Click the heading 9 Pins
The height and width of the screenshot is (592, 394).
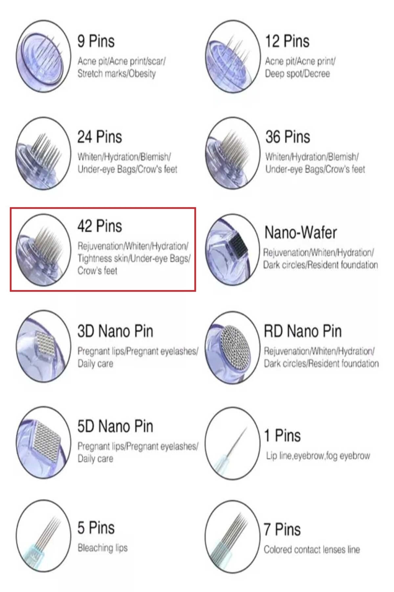coord(96,41)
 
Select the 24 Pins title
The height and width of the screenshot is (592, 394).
coord(99,137)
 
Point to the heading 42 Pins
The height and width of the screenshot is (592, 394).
coord(99,226)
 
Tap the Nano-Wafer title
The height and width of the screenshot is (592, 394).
coord(301,233)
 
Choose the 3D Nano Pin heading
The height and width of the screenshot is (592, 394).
coord(115,331)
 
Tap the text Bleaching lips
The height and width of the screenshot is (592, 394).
coord(102,548)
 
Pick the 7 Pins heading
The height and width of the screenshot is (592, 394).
coord(282,530)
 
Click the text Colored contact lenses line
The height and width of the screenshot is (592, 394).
coord(312,550)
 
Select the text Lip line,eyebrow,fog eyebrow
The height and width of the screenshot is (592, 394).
coord(318,456)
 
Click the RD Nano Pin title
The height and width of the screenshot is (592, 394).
coord(303,331)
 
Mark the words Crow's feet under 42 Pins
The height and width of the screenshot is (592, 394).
coord(97,271)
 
